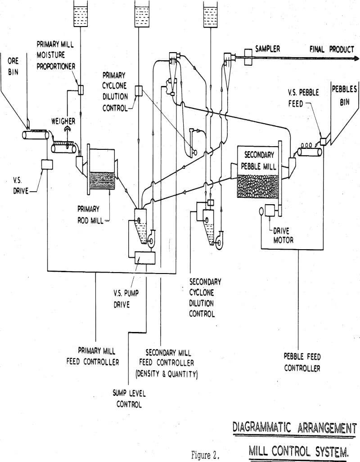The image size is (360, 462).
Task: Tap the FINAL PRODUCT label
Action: pos(331,49)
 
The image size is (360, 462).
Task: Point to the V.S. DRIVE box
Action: pos(47,165)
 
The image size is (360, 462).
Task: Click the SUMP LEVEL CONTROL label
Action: pos(129,399)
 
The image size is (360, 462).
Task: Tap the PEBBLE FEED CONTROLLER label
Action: pos(302,363)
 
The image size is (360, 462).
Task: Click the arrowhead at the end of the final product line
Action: pos(355,58)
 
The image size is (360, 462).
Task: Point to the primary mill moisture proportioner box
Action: pos(81,90)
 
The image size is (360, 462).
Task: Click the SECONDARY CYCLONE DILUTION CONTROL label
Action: pos(205,298)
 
